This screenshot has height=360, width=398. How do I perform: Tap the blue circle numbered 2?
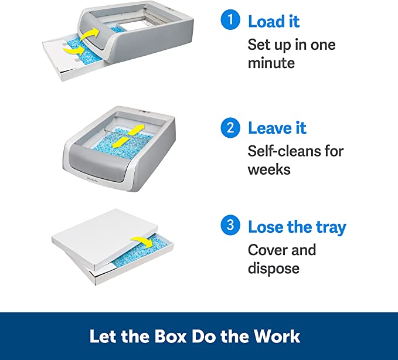230,127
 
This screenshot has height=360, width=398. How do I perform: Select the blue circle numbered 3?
230,226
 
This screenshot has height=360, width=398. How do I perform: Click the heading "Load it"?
274,22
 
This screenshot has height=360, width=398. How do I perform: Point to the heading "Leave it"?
277,128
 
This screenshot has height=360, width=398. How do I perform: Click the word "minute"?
271,63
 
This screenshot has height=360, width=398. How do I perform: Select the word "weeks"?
268,169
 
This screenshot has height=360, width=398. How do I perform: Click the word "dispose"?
274,269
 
